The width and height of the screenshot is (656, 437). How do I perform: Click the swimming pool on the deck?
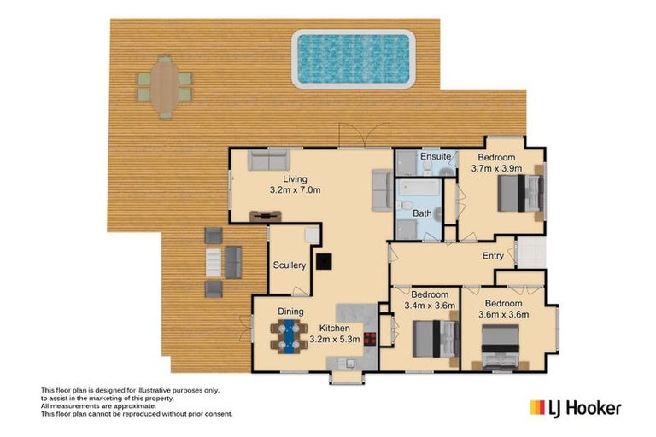354,59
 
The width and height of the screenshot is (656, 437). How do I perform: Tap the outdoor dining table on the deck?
165,87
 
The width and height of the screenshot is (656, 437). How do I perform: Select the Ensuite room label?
436,156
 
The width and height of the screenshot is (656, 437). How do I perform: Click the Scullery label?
290,265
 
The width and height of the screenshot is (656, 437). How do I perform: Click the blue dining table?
289,336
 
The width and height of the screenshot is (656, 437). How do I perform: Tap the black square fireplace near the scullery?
324,261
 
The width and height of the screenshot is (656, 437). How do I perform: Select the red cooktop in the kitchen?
370,338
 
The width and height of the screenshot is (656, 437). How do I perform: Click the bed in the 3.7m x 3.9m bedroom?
521,193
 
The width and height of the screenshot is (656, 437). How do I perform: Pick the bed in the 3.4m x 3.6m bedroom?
436,339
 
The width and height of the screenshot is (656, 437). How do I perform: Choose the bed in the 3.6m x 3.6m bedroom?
501,347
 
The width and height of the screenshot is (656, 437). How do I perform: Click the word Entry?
493,255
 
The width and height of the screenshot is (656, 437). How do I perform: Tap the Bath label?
422,213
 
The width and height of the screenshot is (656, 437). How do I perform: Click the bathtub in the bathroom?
419,188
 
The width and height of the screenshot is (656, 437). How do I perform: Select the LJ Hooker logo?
576,408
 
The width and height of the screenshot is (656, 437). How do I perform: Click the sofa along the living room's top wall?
268,160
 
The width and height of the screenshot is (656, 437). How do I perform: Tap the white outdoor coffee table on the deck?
214,262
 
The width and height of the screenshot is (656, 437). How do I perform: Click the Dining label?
290,312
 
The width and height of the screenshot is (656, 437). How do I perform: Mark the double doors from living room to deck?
365,136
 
